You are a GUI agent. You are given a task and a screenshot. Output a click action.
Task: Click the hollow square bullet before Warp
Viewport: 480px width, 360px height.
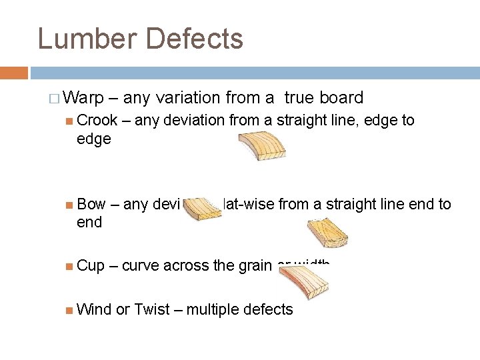54,99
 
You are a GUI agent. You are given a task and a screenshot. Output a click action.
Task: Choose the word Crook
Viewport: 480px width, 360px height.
97,121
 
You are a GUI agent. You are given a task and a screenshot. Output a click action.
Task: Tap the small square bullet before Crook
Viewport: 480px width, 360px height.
70,121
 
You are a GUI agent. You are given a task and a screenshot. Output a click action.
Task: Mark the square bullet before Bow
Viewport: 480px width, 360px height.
70,205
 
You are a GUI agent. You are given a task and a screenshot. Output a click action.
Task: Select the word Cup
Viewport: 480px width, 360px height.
91,265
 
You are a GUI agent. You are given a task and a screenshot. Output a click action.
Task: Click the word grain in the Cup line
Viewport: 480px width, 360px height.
253,265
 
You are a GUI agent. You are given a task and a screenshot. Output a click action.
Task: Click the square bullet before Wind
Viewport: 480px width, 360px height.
70,309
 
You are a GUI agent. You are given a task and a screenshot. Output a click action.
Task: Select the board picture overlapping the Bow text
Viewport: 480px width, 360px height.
203,208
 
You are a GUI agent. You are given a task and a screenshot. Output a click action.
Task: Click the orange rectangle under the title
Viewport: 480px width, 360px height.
14,73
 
